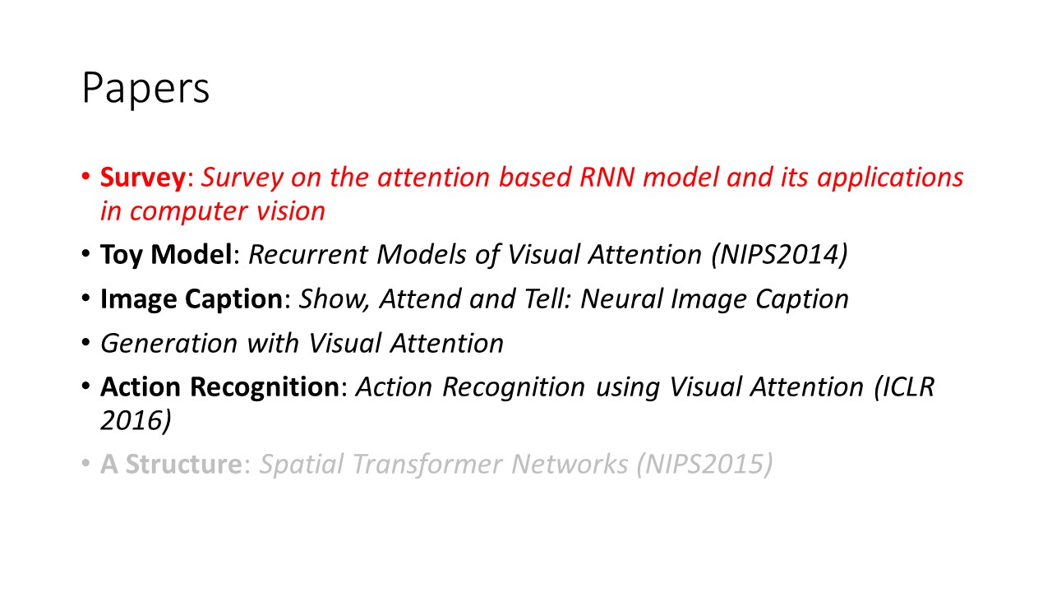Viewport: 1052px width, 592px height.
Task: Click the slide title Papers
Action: point(145,88)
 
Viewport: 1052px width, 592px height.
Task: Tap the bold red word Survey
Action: point(143,178)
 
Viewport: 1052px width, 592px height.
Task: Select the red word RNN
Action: point(607,177)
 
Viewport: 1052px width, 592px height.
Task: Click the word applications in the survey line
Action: point(890,178)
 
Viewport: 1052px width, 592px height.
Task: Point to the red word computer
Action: point(188,212)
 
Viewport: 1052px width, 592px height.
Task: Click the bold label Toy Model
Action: point(166,255)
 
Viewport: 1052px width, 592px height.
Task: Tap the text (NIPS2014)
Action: point(780,255)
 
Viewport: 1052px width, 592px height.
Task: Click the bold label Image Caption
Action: point(191,299)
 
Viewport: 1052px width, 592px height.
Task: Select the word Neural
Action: point(621,298)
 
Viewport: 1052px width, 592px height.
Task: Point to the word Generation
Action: point(169,344)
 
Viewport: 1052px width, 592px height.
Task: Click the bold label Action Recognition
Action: point(219,387)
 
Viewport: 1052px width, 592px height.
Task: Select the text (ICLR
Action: point(904,387)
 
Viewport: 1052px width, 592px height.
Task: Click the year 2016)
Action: point(136,420)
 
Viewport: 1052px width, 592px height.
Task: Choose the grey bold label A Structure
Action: point(172,465)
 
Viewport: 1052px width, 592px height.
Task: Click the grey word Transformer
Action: point(427,465)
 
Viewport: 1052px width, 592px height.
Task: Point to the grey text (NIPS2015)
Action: point(704,465)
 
